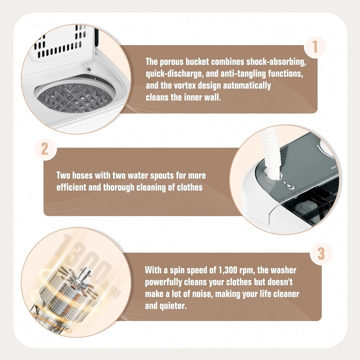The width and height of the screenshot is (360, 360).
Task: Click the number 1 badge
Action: (315, 47)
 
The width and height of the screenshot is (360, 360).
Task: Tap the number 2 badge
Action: (45, 149)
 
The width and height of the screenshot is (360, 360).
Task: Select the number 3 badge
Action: (321, 254)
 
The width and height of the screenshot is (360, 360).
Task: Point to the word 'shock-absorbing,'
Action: (276, 62)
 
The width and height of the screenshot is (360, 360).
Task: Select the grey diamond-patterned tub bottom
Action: (75, 98)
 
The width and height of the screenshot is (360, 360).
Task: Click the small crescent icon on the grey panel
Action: (292, 188)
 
